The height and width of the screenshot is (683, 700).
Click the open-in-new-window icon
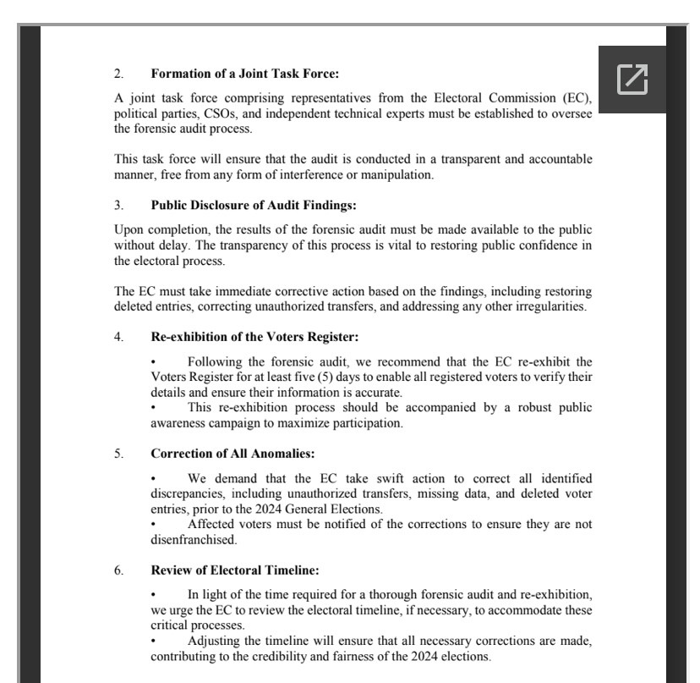point(632,79)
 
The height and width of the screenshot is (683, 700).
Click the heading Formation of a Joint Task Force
point(244,74)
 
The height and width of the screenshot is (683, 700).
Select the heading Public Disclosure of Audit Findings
point(254,205)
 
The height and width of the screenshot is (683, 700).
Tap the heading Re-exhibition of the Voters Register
point(254,336)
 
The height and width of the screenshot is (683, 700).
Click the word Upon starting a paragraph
point(129,229)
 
